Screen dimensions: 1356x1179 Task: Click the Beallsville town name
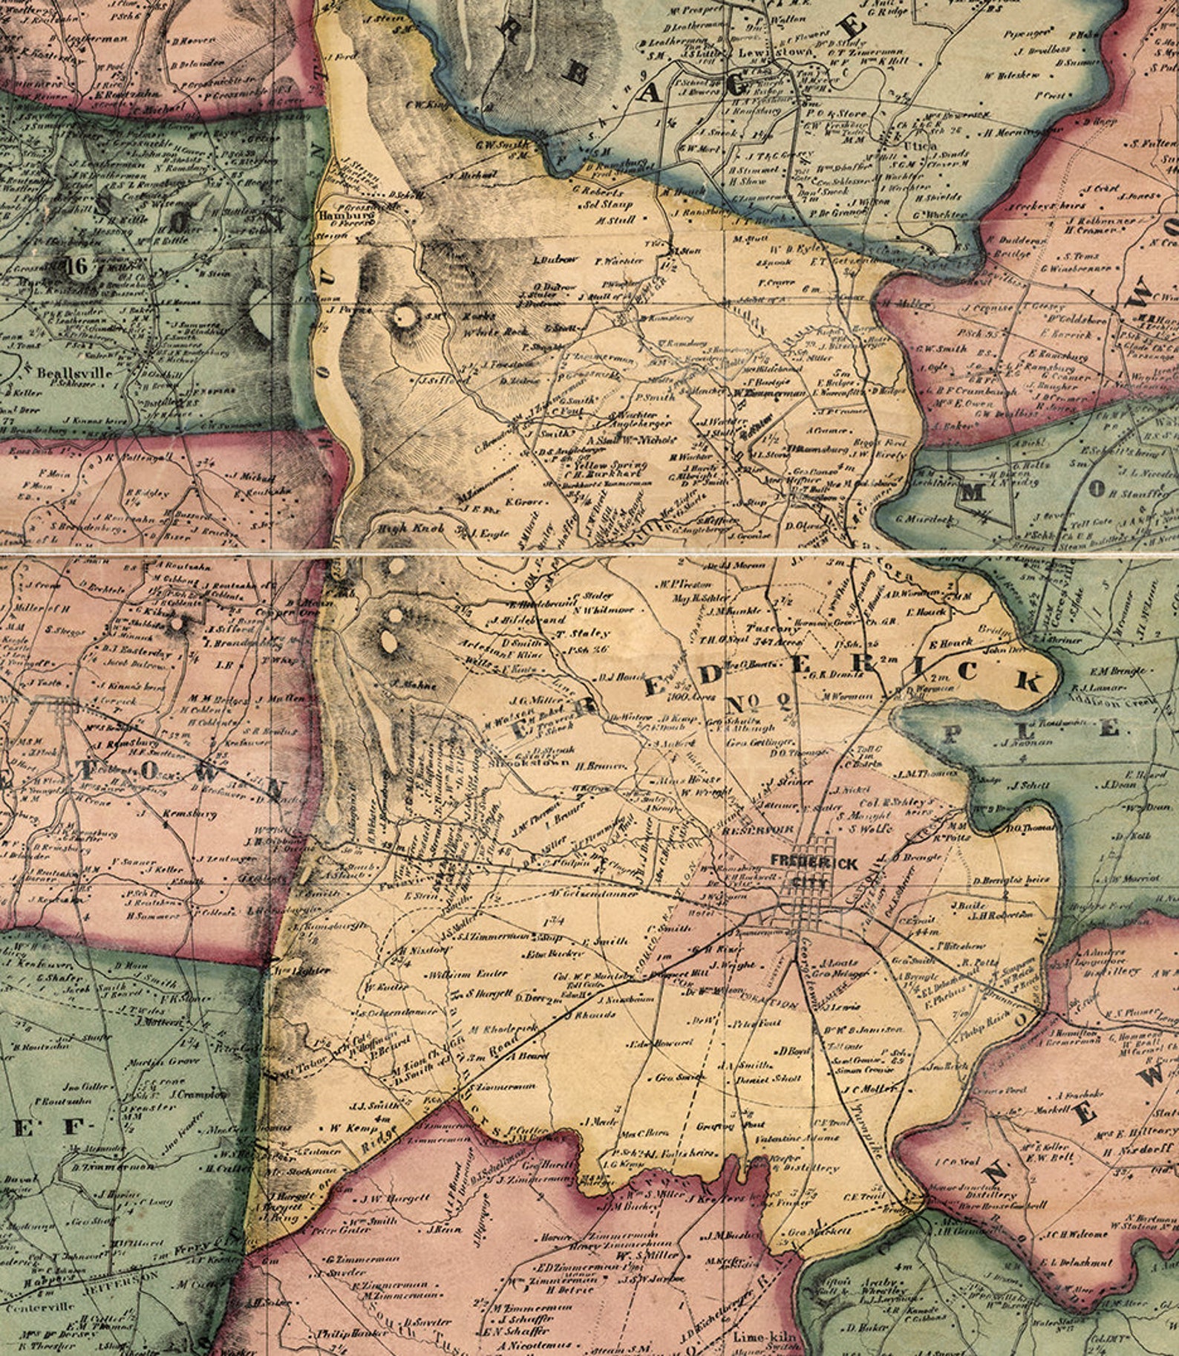point(74,373)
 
